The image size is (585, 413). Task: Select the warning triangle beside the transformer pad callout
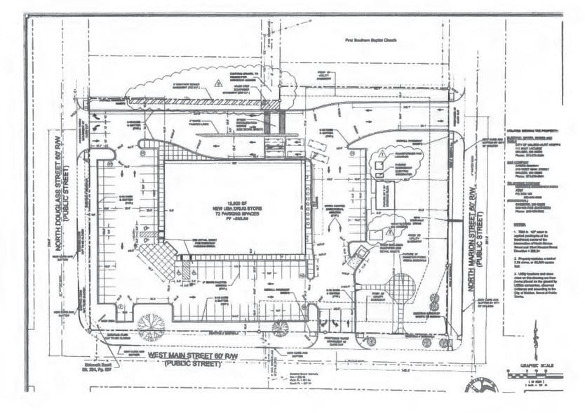pyautogui.click(x=381, y=152)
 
